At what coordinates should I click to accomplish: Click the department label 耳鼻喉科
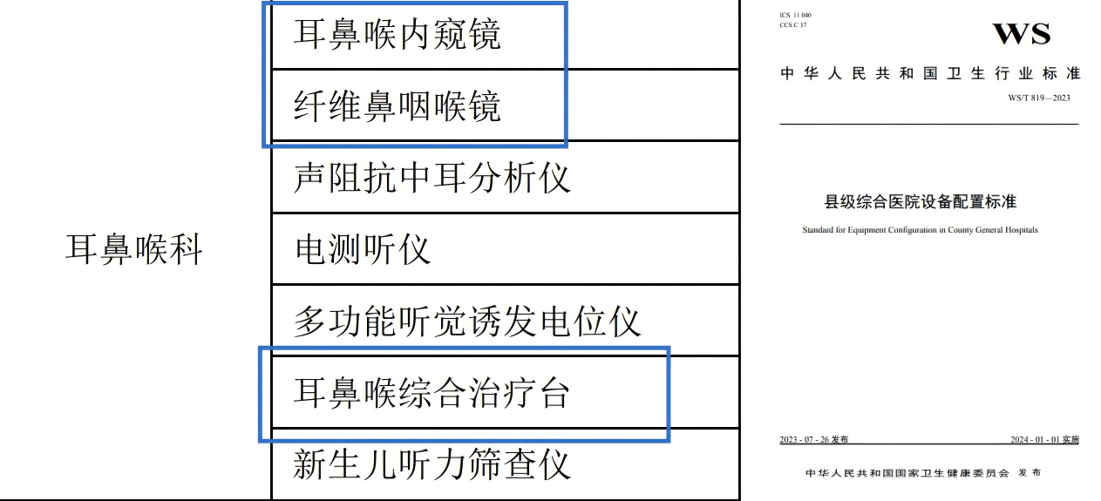click(134, 250)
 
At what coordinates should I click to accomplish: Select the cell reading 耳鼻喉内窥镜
click(397, 36)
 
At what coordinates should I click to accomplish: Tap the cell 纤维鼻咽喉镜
click(397, 107)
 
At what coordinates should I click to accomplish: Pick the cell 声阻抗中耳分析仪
click(432, 178)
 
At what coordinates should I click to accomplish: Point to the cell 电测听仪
click(363, 250)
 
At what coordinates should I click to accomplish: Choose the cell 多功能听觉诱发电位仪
click(467, 322)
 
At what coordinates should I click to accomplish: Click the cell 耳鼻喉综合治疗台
click(432, 393)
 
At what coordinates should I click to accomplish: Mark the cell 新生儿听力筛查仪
click(432, 464)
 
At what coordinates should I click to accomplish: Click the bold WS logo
click(1022, 34)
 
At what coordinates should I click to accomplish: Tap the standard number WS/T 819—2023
click(1039, 98)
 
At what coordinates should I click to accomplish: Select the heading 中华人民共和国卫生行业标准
click(930, 74)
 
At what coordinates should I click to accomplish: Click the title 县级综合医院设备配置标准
click(921, 202)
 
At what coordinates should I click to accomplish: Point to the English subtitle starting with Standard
click(920, 231)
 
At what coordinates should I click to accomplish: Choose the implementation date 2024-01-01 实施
click(1044, 440)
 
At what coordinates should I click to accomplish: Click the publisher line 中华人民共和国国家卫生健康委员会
click(907, 473)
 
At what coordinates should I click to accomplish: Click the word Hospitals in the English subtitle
click(1020, 231)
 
